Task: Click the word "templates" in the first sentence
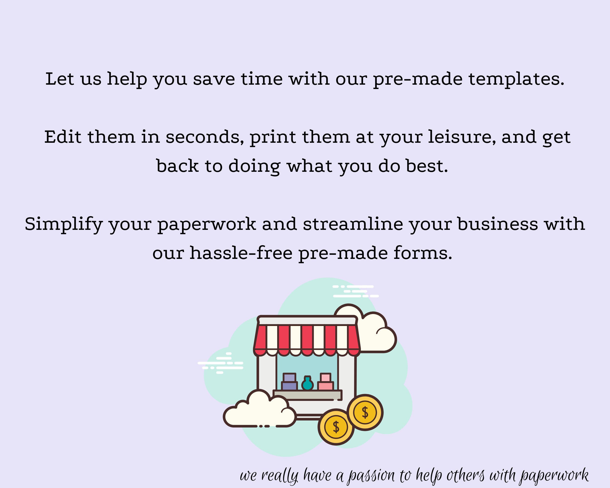[516, 79]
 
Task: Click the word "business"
[497, 224]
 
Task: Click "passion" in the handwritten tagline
[371, 476]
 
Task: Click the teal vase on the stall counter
[307, 384]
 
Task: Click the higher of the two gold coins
[365, 412]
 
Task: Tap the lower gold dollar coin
[336, 427]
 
